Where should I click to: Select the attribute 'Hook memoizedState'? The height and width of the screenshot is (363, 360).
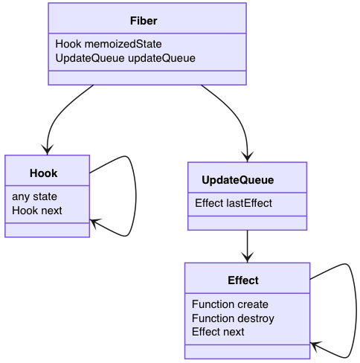tap(108, 44)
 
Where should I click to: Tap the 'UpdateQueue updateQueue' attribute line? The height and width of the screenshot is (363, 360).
tap(125, 57)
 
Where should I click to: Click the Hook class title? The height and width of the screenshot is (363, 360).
tap(44, 173)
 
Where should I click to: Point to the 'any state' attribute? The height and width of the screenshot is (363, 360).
tap(34, 197)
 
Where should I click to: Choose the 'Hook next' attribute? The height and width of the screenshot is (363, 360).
tap(37, 211)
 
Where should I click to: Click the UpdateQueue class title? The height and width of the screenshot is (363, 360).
tap(238, 180)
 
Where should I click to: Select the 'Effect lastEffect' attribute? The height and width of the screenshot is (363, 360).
tap(233, 203)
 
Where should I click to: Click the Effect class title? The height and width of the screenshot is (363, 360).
tap(243, 280)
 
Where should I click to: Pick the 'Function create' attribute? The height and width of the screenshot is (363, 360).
tap(230, 304)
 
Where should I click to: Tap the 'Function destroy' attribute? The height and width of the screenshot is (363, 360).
tap(233, 318)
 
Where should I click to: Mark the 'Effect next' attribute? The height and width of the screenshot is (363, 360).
tap(218, 332)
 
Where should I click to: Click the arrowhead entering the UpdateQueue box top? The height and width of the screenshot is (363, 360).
tap(247, 157)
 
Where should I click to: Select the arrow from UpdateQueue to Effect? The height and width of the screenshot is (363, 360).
tap(247, 245)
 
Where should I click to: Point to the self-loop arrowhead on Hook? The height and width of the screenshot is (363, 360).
tap(94, 221)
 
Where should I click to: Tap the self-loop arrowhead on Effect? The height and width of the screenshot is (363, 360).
tap(315, 345)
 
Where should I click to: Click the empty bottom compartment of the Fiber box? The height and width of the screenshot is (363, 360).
tap(147, 78)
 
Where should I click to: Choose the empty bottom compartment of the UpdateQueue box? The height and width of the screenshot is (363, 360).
tap(247, 222)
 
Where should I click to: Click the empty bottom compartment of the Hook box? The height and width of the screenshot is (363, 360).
tap(47, 230)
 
